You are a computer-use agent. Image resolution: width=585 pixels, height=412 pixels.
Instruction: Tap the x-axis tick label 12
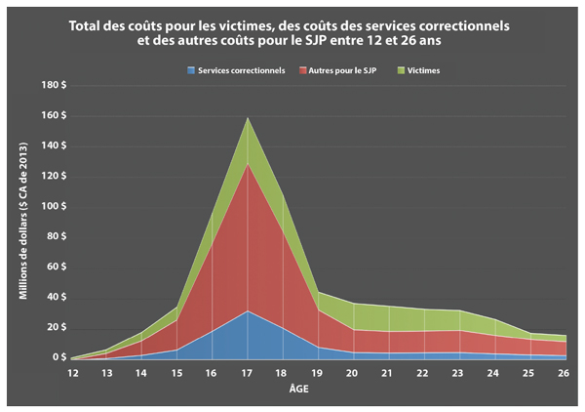[x=71, y=372]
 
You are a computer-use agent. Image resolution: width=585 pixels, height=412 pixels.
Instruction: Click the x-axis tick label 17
[x=248, y=372]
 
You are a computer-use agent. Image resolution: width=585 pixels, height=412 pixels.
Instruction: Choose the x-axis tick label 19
[x=318, y=372]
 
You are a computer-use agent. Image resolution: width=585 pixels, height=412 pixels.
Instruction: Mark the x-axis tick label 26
[x=564, y=372]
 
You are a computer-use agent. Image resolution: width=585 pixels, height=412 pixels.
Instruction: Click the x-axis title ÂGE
[x=317, y=388]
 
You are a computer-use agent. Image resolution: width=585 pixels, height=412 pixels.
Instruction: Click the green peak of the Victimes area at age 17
[x=248, y=119]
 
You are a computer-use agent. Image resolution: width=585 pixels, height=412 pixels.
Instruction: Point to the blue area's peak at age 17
[x=248, y=312]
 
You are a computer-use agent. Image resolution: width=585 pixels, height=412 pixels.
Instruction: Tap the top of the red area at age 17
[x=248, y=163]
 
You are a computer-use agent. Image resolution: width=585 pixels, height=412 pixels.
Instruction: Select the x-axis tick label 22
[x=423, y=372]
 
